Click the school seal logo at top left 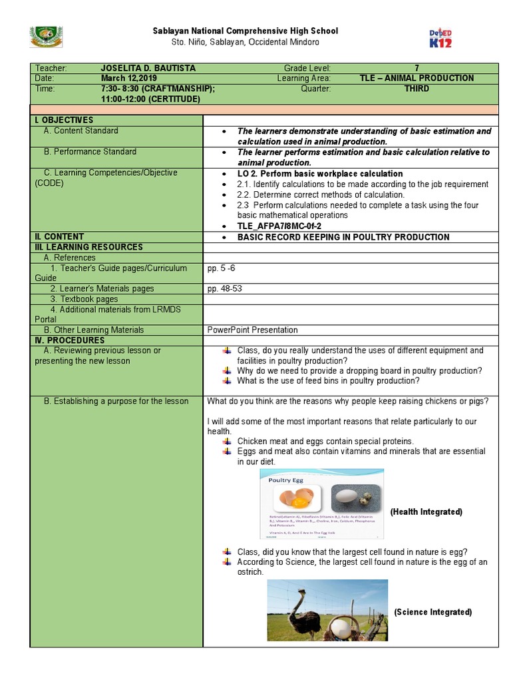tap(47, 37)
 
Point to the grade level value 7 tap(417, 69)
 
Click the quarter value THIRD tap(417, 88)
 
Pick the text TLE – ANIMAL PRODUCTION tap(417, 78)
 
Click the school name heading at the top tap(246, 31)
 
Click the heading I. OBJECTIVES tap(64, 120)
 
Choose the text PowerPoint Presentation tap(252, 330)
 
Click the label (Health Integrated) tap(426, 511)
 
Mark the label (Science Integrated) tap(432, 612)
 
